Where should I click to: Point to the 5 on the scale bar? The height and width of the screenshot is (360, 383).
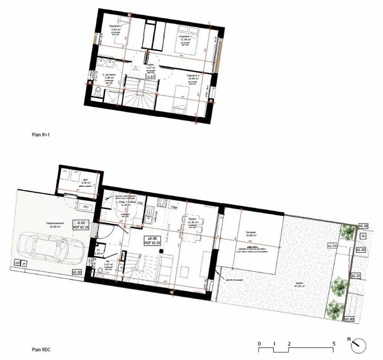point(333,344)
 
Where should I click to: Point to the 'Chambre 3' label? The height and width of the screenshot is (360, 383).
point(116,25)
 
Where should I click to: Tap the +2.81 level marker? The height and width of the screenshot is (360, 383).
point(151,76)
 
